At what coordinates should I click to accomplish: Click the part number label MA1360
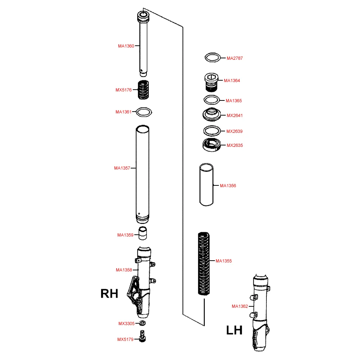(x=126, y=46)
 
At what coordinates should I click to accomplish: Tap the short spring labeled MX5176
(x=143, y=90)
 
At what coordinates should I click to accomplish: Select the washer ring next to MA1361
(x=144, y=112)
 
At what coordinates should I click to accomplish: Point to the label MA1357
(x=122, y=168)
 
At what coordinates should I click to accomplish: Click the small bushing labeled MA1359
(x=143, y=233)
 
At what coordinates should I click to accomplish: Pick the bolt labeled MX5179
(x=142, y=336)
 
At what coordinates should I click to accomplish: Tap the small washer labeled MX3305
(x=142, y=323)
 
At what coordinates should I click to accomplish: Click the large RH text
(x=109, y=293)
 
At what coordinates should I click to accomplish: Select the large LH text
(x=234, y=330)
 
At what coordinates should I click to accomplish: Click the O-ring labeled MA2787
(x=213, y=58)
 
